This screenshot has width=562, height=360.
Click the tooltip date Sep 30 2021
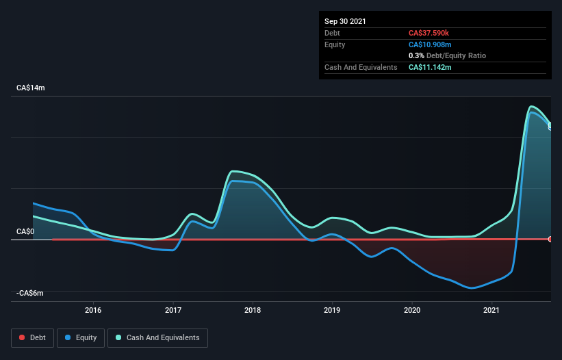coord(345,21)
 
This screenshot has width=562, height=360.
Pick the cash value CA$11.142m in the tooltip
coord(430,67)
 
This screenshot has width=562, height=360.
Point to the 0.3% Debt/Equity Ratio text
coord(447,55)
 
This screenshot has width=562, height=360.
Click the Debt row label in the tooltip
coord(333,33)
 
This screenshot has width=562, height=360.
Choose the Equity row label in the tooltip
coord(335,44)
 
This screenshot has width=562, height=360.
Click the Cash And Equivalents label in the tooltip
coord(361,67)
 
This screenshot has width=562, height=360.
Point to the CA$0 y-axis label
coord(25,232)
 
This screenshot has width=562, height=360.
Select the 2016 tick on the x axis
coord(93,311)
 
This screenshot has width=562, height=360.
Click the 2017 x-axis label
coord(173,311)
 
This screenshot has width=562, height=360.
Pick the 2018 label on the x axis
coord(253,311)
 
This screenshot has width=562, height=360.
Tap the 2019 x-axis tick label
coord(332,311)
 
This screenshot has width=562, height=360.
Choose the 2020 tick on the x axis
coord(412,311)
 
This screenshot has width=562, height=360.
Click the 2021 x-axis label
coord(491,311)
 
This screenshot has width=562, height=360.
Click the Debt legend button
coord(31,337)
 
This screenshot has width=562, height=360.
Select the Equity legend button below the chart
coord(80,337)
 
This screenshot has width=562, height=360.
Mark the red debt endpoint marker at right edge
coord(550,239)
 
